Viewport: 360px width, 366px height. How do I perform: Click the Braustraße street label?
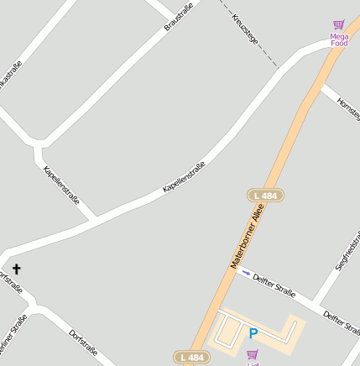179,18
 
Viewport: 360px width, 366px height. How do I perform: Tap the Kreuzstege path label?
245,29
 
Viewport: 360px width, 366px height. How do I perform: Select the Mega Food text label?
339,39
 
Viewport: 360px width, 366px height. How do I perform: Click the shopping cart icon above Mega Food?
339,25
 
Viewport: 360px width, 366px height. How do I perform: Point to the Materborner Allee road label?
247,238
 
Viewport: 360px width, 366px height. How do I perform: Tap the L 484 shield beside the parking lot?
191,357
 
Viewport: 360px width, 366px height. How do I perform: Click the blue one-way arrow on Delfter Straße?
246,272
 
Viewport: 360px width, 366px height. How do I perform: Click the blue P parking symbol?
253,334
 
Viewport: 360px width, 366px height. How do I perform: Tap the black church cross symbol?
16,269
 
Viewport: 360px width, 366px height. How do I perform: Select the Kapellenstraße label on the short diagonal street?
61,186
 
